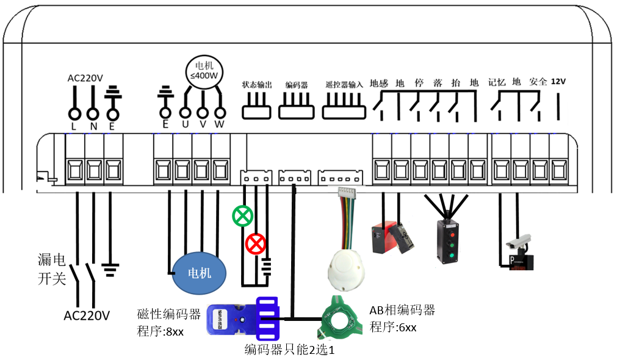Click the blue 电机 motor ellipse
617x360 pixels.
(199, 273)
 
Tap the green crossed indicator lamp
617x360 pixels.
(242, 215)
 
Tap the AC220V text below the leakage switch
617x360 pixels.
(87, 315)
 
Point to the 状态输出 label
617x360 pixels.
(257, 85)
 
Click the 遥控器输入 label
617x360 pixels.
(344, 85)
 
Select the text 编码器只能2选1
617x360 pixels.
(289, 350)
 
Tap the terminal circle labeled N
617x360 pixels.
(93, 113)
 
